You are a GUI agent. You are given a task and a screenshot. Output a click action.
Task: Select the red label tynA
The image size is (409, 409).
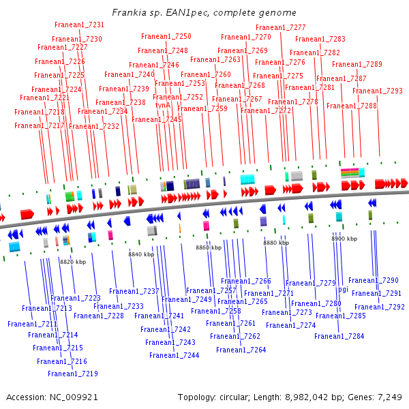[x=162, y=106]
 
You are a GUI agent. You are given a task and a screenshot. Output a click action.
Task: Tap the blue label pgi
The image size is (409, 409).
[x=343, y=289]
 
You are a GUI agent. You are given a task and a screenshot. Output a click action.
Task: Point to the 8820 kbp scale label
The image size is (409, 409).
[x=73, y=262]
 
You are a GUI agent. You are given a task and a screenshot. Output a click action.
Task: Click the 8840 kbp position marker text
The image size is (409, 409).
[x=142, y=254]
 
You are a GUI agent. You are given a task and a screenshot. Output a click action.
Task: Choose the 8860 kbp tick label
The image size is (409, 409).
[x=209, y=247]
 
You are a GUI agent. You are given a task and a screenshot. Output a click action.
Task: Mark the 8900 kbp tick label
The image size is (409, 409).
[x=344, y=239]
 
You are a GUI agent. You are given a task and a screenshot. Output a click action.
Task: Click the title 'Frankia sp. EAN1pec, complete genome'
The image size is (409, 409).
[x=204, y=13]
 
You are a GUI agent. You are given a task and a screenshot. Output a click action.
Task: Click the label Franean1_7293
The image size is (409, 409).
[x=378, y=91]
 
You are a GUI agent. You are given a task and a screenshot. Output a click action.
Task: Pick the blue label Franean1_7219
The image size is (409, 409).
[x=73, y=374]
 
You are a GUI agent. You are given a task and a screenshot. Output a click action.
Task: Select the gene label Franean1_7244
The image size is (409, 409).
[x=175, y=355]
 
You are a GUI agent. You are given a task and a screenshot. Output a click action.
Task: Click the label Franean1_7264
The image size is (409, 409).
[x=241, y=350]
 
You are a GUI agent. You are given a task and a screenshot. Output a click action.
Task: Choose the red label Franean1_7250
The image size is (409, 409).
[x=166, y=36]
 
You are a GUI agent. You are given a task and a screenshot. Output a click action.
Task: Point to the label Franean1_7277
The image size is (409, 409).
[x=281, y=28]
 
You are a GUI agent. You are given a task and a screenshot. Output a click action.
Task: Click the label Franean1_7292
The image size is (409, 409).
[x=380, y=307]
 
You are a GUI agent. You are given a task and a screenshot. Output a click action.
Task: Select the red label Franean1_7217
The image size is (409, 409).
[x=40, y=125]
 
